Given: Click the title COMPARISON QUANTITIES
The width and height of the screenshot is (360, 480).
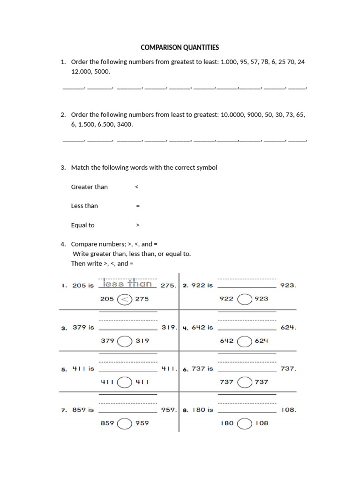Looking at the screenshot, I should tap(180, 48).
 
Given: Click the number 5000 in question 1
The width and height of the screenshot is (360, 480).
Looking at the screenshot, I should tap(102, 72).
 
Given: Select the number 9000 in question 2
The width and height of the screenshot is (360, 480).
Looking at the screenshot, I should tap(254, 114).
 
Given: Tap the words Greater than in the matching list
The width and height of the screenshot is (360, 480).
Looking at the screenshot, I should tap(89, 187).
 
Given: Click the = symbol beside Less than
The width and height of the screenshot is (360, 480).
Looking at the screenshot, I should tap(137, 206).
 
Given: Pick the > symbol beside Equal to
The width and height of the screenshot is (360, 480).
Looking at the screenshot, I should tap(137, 225).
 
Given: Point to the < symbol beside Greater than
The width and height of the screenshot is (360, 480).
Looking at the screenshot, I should tap(136, 187).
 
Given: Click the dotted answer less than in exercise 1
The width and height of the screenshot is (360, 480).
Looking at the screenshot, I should tap(127, 284).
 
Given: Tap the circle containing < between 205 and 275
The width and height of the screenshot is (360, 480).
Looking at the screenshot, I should tap(124, 299).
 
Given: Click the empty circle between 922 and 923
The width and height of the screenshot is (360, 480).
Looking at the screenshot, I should tap(244, 299).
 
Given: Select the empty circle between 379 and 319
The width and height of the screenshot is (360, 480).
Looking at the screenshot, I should tap(124, 341).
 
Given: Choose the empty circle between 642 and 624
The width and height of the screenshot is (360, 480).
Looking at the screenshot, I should tap(244, 341).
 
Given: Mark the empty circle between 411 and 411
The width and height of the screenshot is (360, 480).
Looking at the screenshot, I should tap(124, 382).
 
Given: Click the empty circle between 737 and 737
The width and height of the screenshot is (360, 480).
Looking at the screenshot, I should tap(244, 382).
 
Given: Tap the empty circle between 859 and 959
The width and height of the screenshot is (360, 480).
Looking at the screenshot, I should tap(124, 423).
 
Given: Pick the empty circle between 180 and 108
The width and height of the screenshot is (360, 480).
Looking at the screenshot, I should tap(244, 423).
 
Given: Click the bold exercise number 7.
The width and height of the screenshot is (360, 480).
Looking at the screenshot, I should tap(64, 410).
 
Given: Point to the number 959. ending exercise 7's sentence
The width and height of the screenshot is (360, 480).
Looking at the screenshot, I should tap(168, 410).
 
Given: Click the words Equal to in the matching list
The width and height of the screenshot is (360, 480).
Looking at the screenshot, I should tap(82, 225).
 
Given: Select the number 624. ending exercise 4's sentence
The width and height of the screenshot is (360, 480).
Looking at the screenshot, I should tap(288, 328).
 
